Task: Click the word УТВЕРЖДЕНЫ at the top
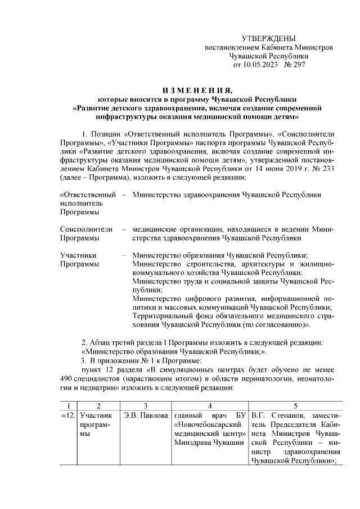pyautogui.click(x=268, y=38)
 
